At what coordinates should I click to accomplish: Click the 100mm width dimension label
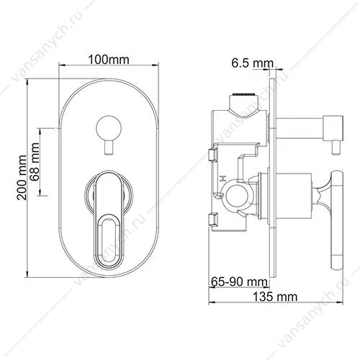(109, 60)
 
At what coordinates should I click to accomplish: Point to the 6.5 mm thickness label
(253, 63)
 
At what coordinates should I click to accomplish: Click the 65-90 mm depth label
(239, 282)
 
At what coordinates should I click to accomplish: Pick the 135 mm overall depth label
(275, 297)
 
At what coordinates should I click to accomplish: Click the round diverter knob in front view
(109, 127)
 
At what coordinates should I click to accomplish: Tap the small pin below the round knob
(109, 148)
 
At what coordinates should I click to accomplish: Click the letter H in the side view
(223, 179)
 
